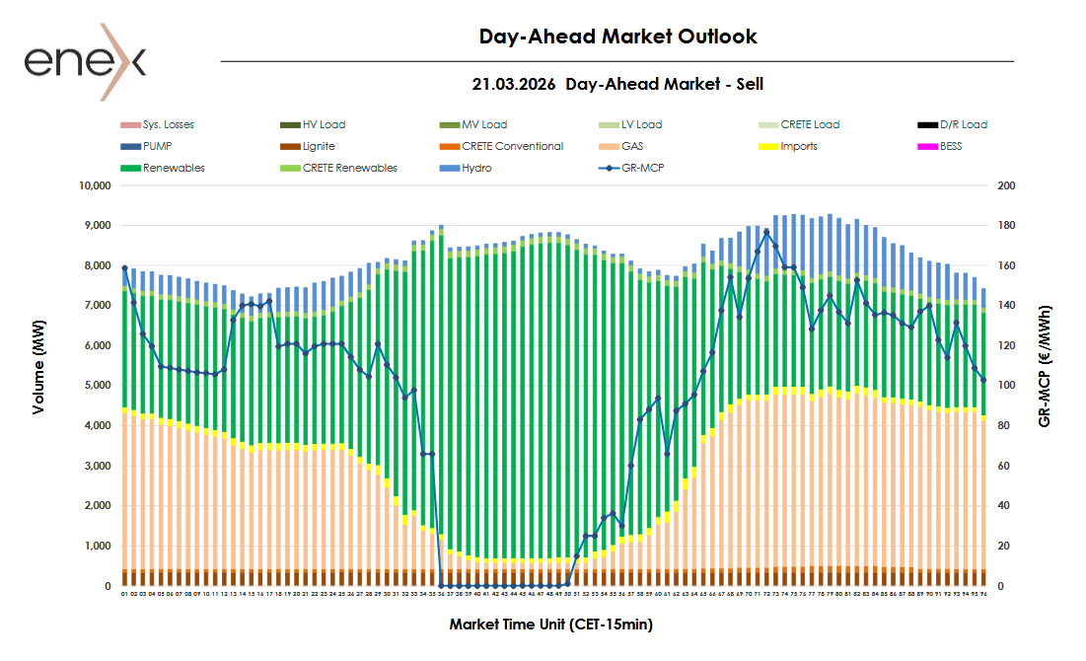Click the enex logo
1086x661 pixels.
[x=85, y=61]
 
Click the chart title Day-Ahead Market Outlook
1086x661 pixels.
[x=617, y=37]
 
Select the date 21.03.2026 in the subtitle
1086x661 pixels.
[x=513, y=85]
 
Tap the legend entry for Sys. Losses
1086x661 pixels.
[x=168, y=124]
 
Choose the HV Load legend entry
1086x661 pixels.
[x=324, y=124]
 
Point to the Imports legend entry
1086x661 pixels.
[x=798, y=146]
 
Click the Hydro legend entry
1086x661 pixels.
[x=477, y=168]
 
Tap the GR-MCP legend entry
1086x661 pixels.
[x=642, y=168]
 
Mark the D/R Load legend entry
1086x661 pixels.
[x=963, y=124]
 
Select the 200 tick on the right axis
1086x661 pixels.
[x=1006, y=185]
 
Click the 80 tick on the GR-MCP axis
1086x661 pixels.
[x=1003, y=426]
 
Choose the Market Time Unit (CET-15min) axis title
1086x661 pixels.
[x=551, y=624]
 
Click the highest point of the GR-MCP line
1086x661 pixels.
[x=766, y=233]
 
